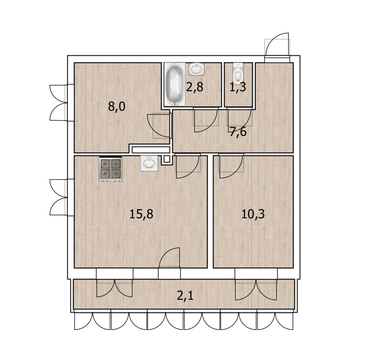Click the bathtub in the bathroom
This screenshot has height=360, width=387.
[x=174, y=85]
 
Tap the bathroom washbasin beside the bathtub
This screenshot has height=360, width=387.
[x=196, y=69]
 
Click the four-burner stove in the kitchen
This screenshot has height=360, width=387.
[x=110, y=168]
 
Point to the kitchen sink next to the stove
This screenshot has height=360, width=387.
[x=149, y=163]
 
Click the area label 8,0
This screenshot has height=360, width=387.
[x=117, y=106]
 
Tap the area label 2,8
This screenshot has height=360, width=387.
[x=194, y=87]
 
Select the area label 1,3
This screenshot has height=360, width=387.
[x=237, y=87]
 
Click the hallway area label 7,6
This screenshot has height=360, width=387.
[x=238, y=132]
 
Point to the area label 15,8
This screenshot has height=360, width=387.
[x=141, y=214]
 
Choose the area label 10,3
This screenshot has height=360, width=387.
[x=253, y=214]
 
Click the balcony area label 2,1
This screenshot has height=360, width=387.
[x=185, y=295]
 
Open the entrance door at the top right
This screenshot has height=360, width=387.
[x=278, y=47]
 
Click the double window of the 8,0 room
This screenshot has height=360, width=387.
[x=59, y=103]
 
